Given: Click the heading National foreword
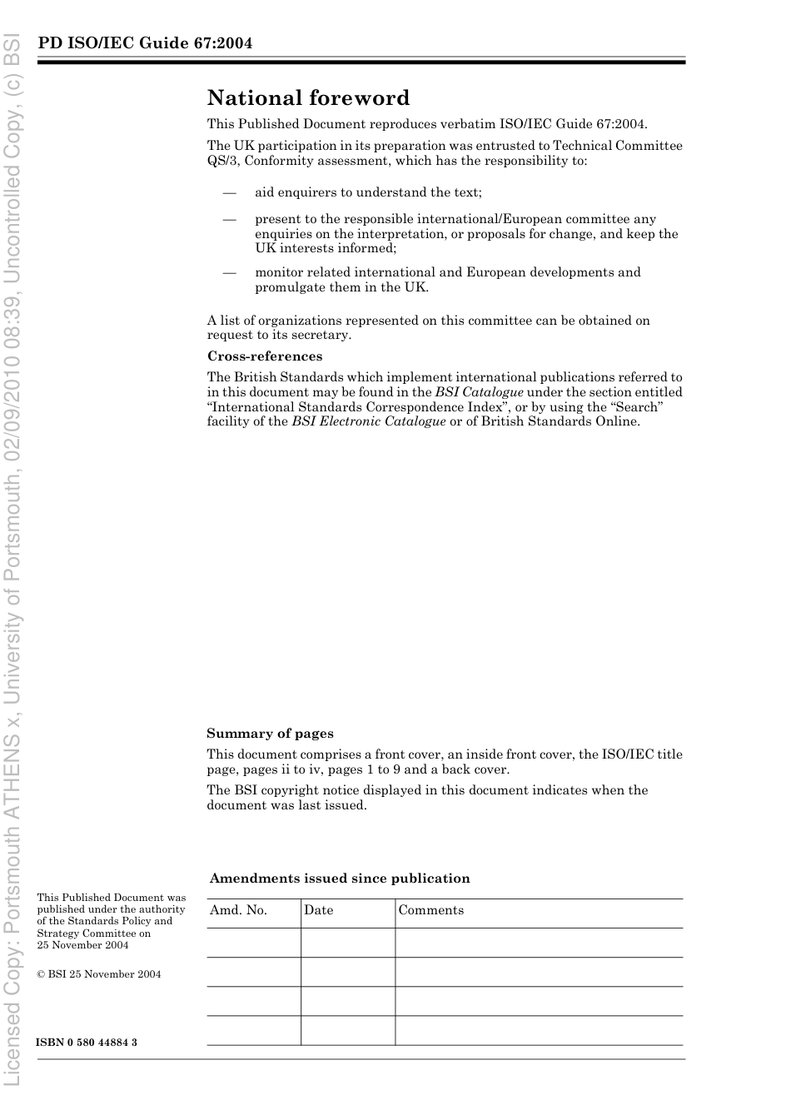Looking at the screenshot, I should (308, 98).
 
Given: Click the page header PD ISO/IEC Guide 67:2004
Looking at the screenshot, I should (145, 43).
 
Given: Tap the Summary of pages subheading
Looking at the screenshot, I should (270, 734).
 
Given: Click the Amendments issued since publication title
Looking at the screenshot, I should (340, 879).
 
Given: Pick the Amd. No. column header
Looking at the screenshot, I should (238, 910).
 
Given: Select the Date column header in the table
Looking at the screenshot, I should (318, 910).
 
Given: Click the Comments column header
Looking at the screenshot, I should (430, 910).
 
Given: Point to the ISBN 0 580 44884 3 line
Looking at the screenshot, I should (87, 1043).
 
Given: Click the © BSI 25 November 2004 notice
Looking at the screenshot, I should (99, 974).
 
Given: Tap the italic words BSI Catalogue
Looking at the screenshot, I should (479, 392).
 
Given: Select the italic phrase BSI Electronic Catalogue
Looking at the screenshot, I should (368, 421).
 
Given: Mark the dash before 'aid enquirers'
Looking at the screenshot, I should (229, 192).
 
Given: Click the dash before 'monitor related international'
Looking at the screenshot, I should (229, 272).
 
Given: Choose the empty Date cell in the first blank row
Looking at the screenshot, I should (347, 943).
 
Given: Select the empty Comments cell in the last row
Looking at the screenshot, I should (538, 1030).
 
